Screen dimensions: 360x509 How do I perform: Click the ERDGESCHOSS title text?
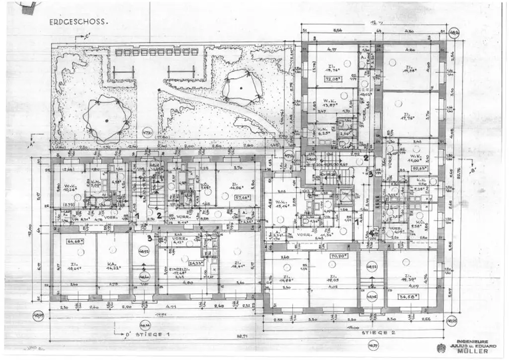point(79,22)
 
